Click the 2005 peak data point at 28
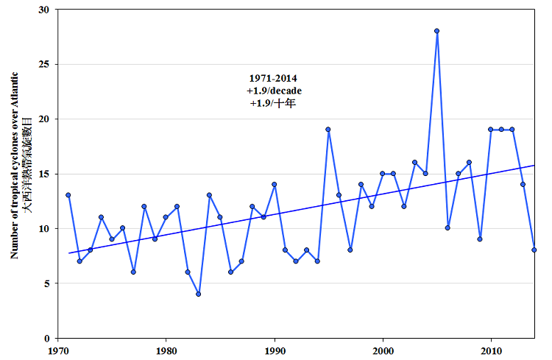437,31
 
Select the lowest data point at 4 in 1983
198,294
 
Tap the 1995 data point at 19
328,130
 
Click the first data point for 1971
68,195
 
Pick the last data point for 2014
534,250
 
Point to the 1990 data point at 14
274,184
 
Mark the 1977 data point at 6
133,272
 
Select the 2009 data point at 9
480,239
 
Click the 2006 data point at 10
447,228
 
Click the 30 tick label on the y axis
45,10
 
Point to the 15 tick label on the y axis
45,174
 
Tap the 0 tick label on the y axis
47,338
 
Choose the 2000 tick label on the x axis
383,350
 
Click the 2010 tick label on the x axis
491,350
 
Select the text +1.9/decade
274,91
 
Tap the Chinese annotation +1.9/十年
272,104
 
